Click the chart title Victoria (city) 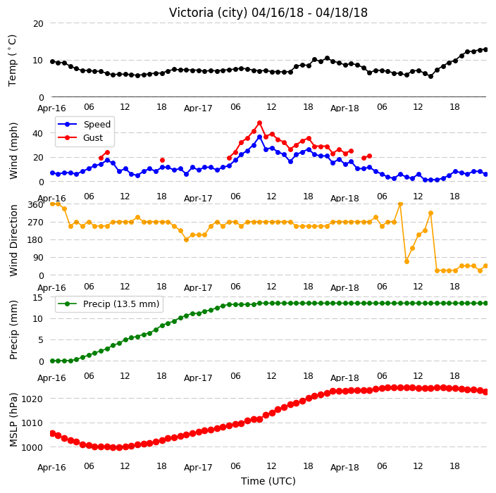(208, 13)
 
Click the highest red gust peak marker (260, 123)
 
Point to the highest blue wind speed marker (260, 137)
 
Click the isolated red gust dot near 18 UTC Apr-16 (162, 161)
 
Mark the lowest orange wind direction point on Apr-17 (186, 239)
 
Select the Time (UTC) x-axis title (268, 481)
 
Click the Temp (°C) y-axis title (12, 61)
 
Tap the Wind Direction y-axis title (13, 241)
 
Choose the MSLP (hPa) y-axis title (13, 420)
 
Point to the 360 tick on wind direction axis (35, 205)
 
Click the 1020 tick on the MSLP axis (32, 399)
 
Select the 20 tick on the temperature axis (38, 24)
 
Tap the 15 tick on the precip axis (38, 298)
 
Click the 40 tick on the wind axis (37, 133)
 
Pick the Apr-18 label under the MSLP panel (345, 467)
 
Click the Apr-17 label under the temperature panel (199, 108)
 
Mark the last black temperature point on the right (486, 49)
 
